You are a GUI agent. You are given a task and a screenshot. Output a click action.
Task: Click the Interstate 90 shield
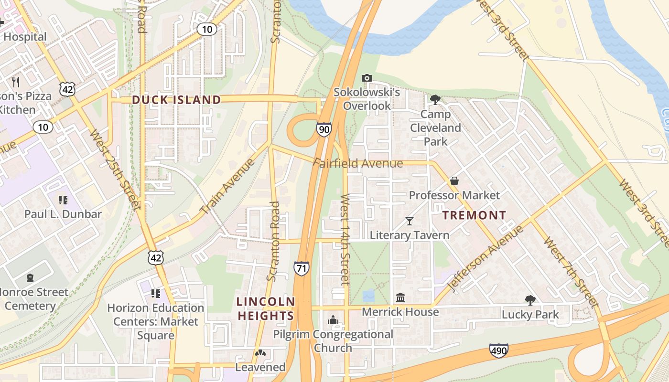coord(324,129)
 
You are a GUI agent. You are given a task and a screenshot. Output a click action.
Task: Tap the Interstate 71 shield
coord(301,268)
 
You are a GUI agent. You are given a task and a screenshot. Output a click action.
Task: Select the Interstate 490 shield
coord(498,351)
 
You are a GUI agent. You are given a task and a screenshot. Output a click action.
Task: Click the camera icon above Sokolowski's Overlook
coord(367,78)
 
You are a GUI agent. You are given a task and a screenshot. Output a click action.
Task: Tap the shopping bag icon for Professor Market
coord(454,181)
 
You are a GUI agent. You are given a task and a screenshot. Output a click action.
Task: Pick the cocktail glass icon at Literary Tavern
coord(409,221)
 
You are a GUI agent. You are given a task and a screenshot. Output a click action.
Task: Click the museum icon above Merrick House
coord(400,298)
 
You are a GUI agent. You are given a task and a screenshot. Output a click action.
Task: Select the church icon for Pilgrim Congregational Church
coord(333,320)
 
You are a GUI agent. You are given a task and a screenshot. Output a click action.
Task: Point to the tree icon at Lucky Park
coord(529,300)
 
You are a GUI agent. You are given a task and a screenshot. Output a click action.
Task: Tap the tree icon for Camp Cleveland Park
coord(435,99)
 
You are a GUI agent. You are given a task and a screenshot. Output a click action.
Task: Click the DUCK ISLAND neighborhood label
coord(176,100)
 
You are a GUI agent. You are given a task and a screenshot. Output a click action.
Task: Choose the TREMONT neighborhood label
coord(474,215)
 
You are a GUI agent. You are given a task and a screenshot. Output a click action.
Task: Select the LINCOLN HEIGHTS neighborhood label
coord(266,309)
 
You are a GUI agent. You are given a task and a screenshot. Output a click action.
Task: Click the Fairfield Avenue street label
coord(358,163)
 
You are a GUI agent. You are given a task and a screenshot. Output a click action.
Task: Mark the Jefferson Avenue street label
coord(485,258)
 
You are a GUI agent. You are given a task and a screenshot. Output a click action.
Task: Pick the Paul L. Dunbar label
coord(63,214)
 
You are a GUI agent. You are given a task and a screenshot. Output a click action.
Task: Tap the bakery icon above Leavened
coord(260,353)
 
